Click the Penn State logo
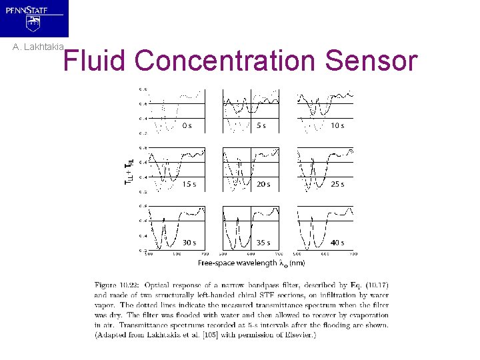34,18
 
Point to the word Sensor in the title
372,61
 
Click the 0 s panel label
187,125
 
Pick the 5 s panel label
261,125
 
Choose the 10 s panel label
337,125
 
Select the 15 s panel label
189,184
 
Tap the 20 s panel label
263,184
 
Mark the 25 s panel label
337,184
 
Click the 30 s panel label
189,243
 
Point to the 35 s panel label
263,243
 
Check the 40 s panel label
337,243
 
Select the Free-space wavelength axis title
251,263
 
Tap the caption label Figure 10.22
117,286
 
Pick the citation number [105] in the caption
205,334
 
